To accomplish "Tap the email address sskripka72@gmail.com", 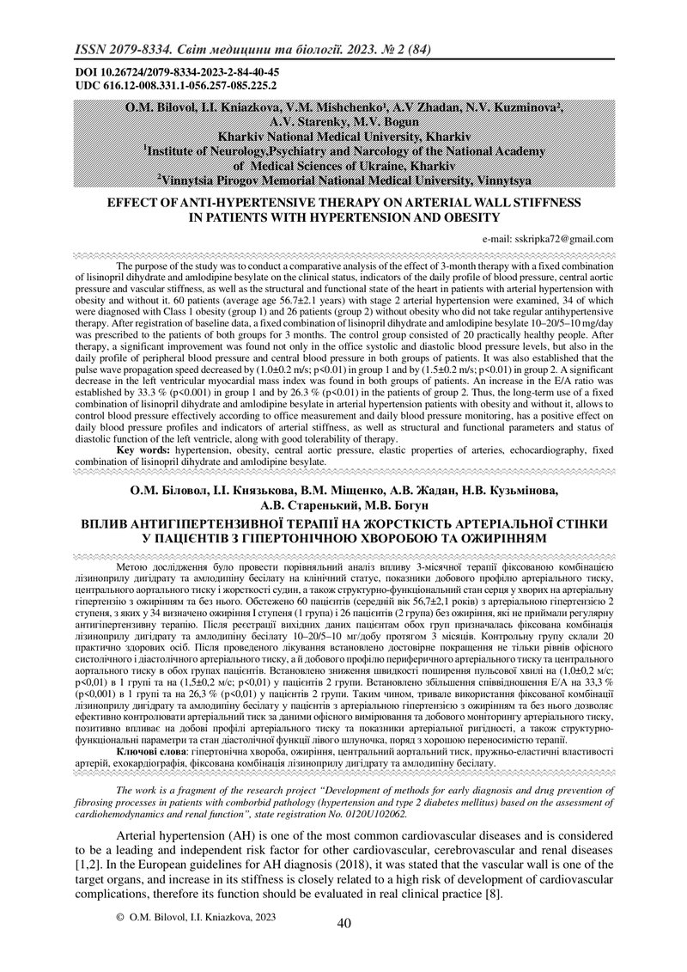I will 562,239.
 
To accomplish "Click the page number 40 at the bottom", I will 344,924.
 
